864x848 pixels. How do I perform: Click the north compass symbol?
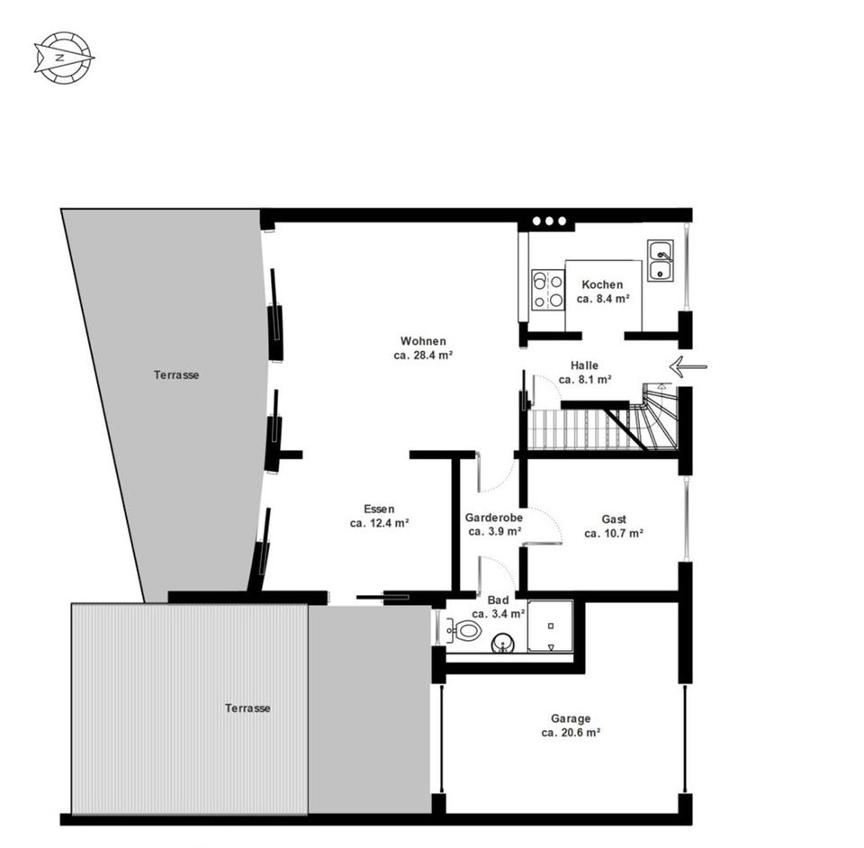(64, 58)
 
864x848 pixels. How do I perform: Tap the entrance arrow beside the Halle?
(688, 366)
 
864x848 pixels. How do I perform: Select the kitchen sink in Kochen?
(661, 260)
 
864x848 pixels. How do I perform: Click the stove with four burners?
(547, 290)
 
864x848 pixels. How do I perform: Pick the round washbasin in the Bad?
(502, 643)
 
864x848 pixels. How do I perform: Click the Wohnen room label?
(423, 341)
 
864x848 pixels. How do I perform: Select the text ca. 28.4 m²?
(423, 356)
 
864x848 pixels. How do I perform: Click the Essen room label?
(379, 509)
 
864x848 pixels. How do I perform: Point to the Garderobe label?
(494, 518)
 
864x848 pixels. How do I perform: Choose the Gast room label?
(614, 519)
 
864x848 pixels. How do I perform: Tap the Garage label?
(571, 718)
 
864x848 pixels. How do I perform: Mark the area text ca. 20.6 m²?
(571, 733)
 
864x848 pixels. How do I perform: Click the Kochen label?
(602, 284)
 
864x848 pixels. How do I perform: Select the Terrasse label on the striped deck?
(247, 708)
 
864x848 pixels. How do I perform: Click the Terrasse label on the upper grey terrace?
(175, 374)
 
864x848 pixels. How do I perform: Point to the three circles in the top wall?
(549, 221)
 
